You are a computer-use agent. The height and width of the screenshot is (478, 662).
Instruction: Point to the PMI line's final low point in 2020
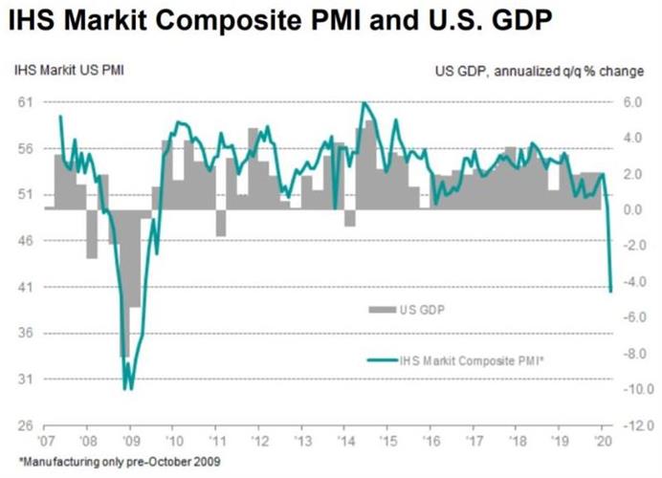coord(610,291)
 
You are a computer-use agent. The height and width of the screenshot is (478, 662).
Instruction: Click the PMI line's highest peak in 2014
coord(364,102)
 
